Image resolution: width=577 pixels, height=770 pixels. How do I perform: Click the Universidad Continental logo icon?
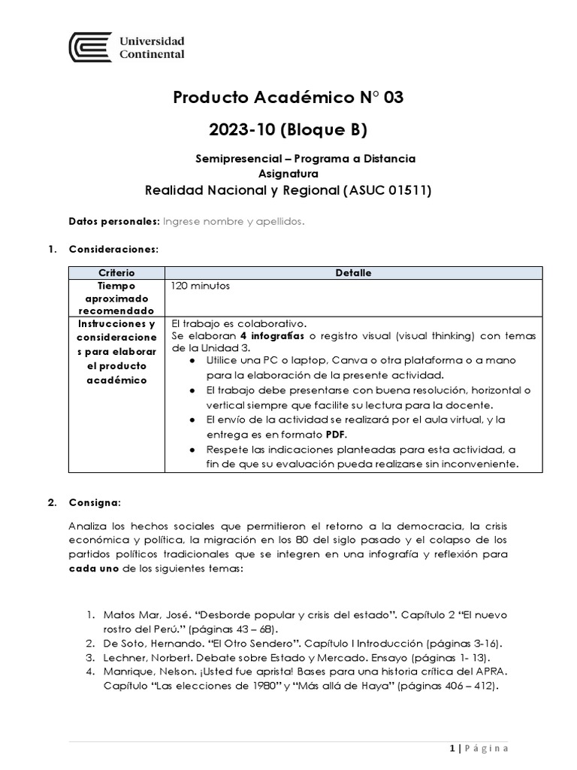[x=90, y=47]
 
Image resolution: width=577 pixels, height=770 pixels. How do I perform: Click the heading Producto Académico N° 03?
[x=288, y=98]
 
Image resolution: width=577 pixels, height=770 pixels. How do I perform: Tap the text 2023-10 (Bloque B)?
[x=288, y=130]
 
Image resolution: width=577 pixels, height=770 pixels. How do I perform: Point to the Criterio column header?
[x=116, y=273]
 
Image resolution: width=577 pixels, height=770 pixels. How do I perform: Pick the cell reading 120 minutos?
[x=201, y=286]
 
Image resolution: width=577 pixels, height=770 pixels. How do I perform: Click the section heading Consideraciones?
[x=113, y=248]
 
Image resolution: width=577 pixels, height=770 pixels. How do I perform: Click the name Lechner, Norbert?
[x=147, y=657]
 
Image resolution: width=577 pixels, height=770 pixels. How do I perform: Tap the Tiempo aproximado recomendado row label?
[x=116, y=299]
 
